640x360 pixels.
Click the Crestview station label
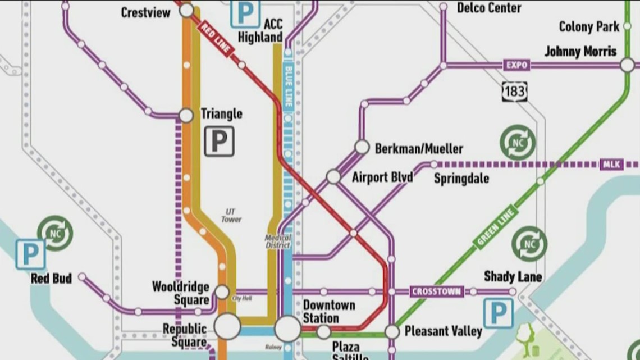(145, 12)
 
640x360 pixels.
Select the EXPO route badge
(516, 65)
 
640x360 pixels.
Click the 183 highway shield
(515, 90)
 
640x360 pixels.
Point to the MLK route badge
(611, 165)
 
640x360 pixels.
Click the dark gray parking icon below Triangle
(218, 141)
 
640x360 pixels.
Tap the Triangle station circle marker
(186, 116)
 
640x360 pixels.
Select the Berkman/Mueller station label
(419, 149)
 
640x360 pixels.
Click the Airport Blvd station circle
(333, 177)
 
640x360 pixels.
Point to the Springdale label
(461, 179)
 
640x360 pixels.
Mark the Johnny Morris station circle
(627, 65)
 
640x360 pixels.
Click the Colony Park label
(589, 26)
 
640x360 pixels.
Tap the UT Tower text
(231, 215)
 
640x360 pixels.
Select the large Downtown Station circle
(287, 329)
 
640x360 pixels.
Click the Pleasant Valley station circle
(392, 332)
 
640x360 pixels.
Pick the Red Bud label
(51, 279)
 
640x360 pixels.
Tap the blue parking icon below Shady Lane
(498, 313)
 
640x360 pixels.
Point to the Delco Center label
(488, 7)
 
